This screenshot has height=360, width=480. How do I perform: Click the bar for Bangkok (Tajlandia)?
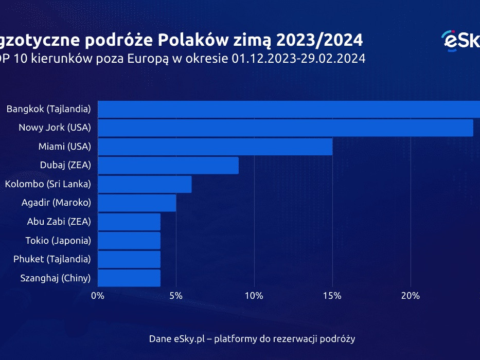[x=288, y=109]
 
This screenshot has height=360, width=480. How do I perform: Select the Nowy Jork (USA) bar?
[x=285, y=128]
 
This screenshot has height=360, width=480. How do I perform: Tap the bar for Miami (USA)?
[x=215, y=147]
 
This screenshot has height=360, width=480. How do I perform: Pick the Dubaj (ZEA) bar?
[x=168, y=165]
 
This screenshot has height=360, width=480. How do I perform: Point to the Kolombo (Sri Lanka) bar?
[x=145, y=184]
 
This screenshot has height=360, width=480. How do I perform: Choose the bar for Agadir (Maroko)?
[x=137, y=203]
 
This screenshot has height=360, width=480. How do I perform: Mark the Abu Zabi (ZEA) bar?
[x=129, y=222]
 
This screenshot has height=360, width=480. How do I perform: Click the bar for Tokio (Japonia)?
[x=129, y=240]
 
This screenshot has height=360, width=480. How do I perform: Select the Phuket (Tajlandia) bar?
[x=129, y=259]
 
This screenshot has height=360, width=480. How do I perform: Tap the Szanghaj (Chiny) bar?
[x=129, y=278]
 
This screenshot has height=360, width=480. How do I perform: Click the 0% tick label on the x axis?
[x=97, y=296]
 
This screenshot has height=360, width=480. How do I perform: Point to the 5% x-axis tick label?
[x=176, y=296]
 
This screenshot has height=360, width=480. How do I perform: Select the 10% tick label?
[x=254, y=296]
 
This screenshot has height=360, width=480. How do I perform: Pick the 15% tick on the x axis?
[x=332, y=296]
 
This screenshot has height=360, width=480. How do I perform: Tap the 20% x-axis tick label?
[x=411, y=296]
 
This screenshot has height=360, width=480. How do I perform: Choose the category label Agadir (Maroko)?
[x=56, y=203]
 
